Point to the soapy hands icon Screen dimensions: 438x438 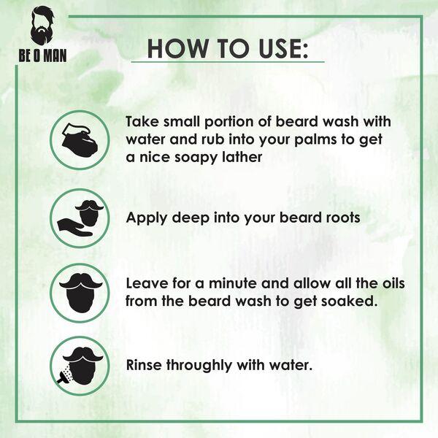pos(80,139)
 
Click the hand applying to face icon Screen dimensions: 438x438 pos(80,217)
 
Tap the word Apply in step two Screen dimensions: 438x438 pos(145,217)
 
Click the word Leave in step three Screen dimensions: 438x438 pos(146,283)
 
